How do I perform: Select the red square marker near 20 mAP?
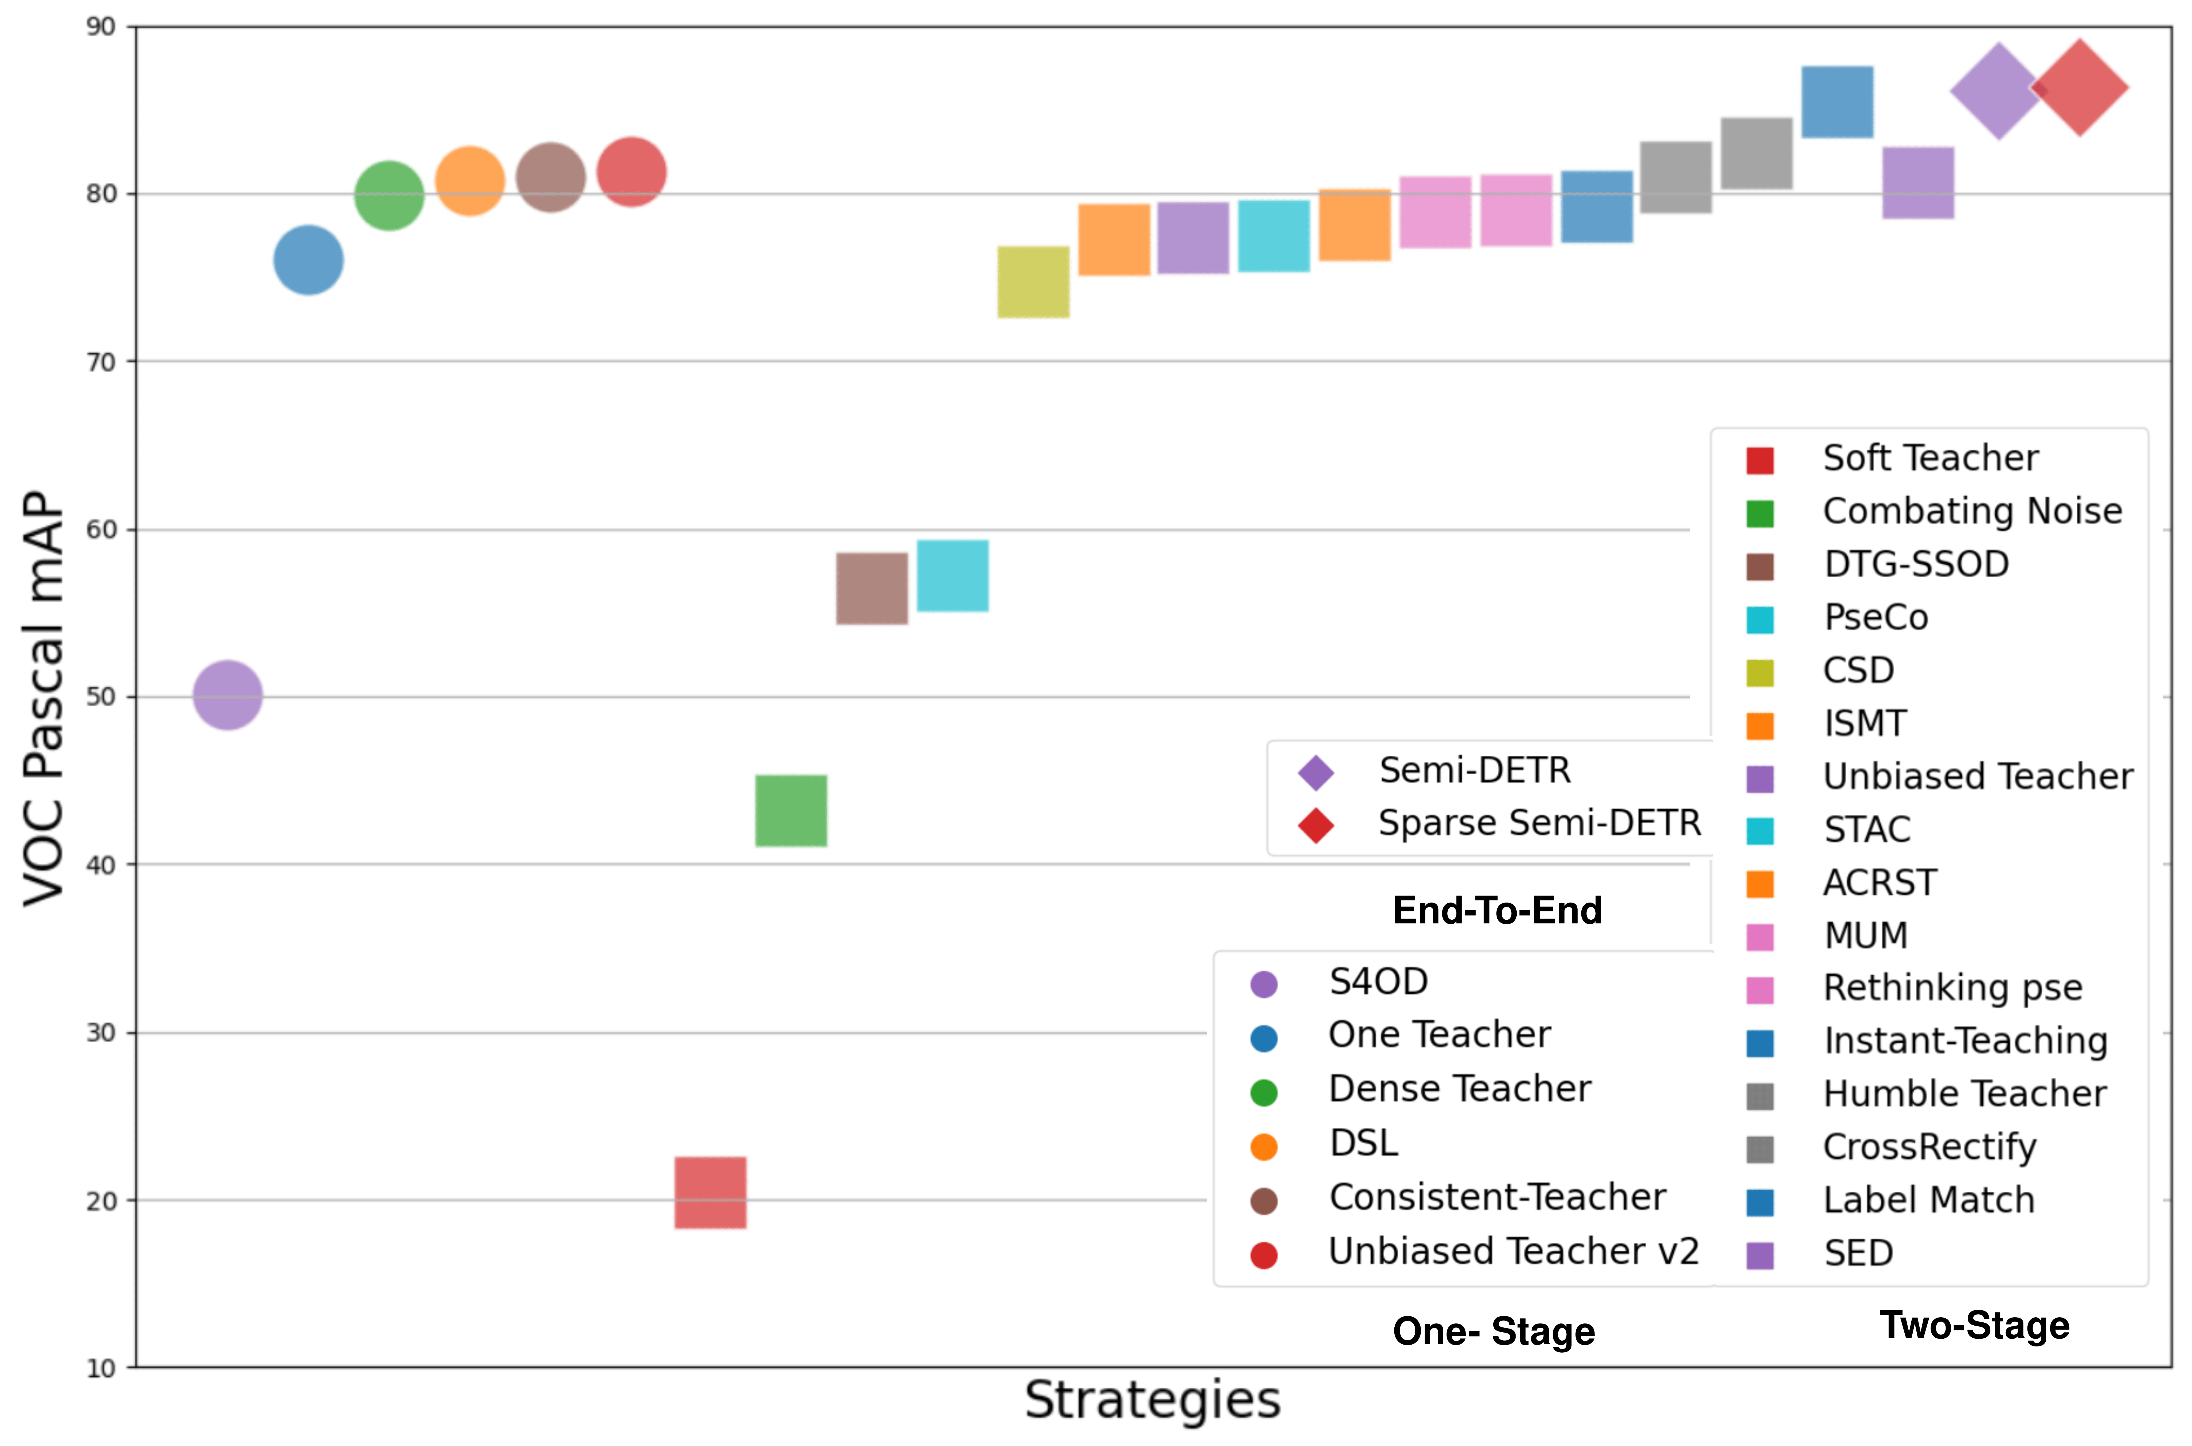(x=710, y=1192)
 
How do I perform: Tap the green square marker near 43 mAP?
(x=791, y=810)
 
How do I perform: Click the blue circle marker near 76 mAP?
(x=308, y=260)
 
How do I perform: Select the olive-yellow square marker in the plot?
(x=1033, y=282)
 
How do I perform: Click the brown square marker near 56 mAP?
(x=872, y=588)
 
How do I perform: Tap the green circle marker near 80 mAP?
(x=389, y=196)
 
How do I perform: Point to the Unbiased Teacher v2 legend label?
(x=1512, y=1251)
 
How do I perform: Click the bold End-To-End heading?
(x=1497, y=910)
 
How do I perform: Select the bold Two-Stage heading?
(x=1974, y=1325)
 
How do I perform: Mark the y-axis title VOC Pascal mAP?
(x=44, y=698)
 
